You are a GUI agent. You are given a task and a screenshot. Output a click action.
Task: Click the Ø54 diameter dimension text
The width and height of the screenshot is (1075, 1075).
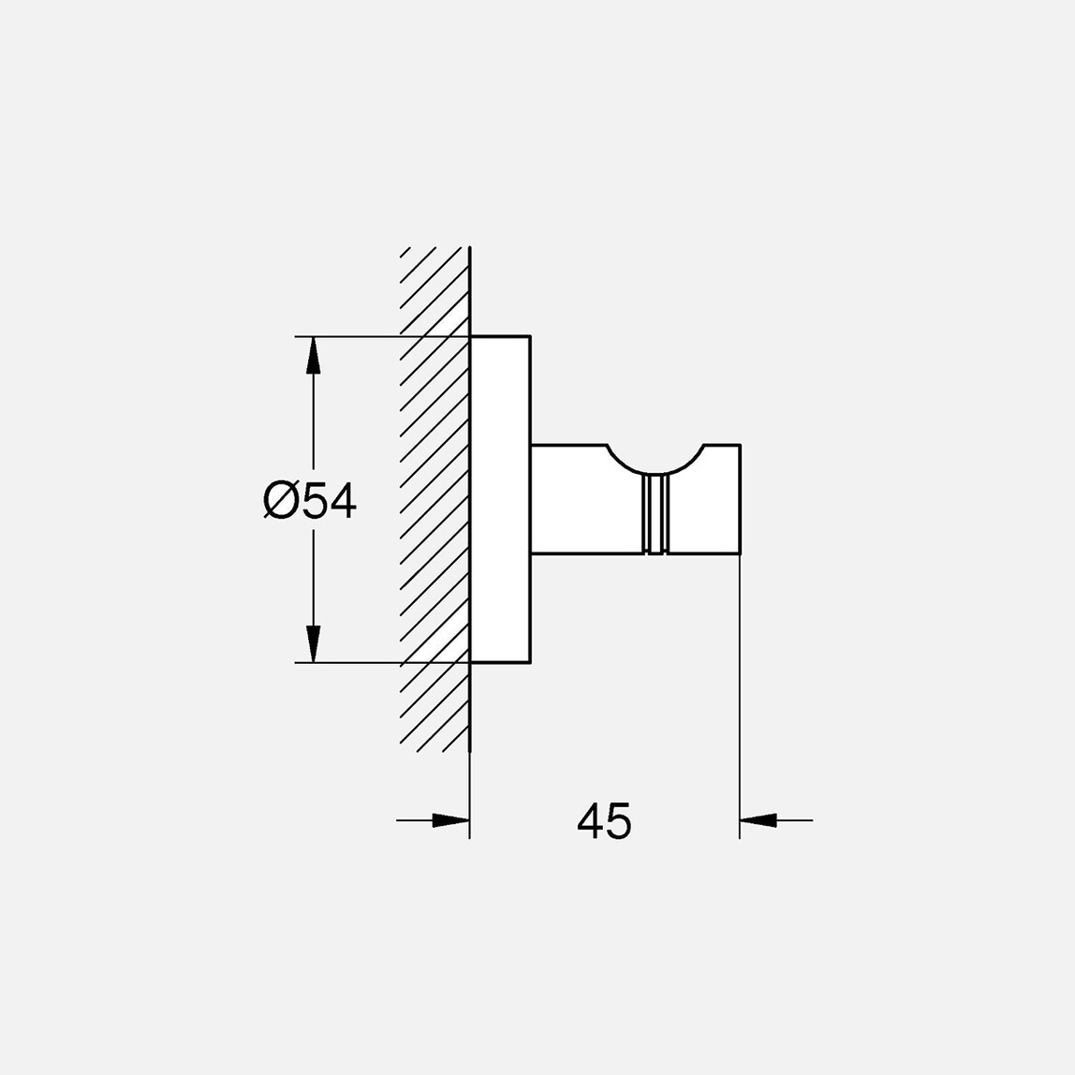[310, 500]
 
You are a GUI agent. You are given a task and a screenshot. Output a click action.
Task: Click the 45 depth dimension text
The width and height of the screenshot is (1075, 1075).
[604, 821]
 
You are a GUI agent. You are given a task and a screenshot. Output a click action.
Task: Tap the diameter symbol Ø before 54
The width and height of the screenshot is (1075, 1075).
[280, 500]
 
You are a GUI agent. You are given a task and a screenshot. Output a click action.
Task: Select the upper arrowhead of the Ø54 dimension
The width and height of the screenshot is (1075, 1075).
[314, 356]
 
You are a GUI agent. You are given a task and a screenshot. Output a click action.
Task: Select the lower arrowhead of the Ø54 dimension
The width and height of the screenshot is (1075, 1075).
[314, 643]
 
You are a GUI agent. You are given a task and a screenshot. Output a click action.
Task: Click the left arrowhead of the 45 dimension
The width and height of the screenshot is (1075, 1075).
[450, 821]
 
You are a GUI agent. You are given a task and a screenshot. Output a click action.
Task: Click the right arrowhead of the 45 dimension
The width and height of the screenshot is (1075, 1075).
[758, 821]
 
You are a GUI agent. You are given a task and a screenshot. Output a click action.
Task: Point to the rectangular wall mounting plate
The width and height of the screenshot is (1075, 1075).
[500, 500]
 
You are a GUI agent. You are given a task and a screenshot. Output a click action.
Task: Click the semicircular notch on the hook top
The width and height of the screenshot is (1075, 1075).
[655, 459]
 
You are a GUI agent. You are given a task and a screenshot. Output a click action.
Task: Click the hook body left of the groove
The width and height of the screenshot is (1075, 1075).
[585, 506]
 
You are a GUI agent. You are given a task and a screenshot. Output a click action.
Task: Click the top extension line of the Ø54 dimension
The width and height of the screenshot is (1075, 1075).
[375, 336]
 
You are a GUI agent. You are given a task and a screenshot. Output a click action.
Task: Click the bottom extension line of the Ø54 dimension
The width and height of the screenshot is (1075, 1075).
[375, 663]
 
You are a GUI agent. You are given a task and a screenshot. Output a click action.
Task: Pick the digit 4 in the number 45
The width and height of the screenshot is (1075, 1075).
[590, 821]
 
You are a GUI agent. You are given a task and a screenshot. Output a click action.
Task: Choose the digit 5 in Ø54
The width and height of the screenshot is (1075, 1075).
[317, 500]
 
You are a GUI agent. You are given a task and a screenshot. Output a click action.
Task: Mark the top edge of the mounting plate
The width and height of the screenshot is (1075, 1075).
[500, 335]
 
